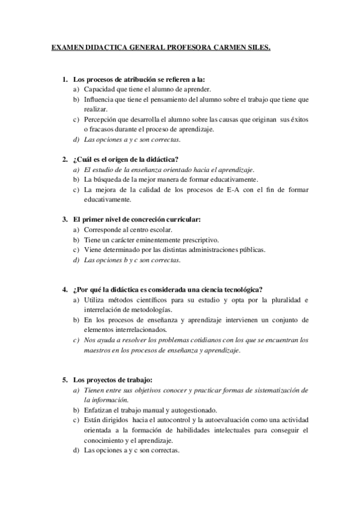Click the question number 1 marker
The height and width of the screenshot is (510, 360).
point(64,79)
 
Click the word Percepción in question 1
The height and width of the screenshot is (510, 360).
point(99,119)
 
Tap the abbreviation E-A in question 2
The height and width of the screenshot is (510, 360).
point(234,189)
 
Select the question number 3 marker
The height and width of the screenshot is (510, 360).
point(64,220)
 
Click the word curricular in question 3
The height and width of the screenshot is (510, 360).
point(177,220)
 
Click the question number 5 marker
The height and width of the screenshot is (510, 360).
point(64,379)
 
